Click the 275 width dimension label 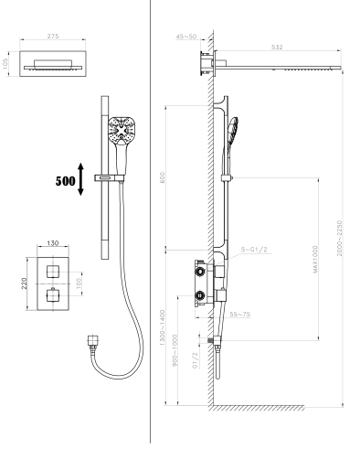(53, 37)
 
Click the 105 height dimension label (5, 64)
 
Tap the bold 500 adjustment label (65, 181)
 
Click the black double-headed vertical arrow (80, 179)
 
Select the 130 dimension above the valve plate (53, 243)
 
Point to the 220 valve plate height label (25, 283)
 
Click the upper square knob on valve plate (53, 272)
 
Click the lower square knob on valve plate (53, 295)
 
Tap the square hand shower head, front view (122, 130)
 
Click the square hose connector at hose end (92, 340)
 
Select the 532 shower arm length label (277, 48)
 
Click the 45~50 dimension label (186, 37)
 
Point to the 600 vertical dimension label (163, 177)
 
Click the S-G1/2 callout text (254, 250)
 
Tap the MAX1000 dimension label (315, 259)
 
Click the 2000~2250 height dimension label (340, 238)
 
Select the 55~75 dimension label (240, 314)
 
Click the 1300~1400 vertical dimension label (162, 327)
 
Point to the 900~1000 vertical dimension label (175, 350)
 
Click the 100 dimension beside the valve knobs (79, 283)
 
